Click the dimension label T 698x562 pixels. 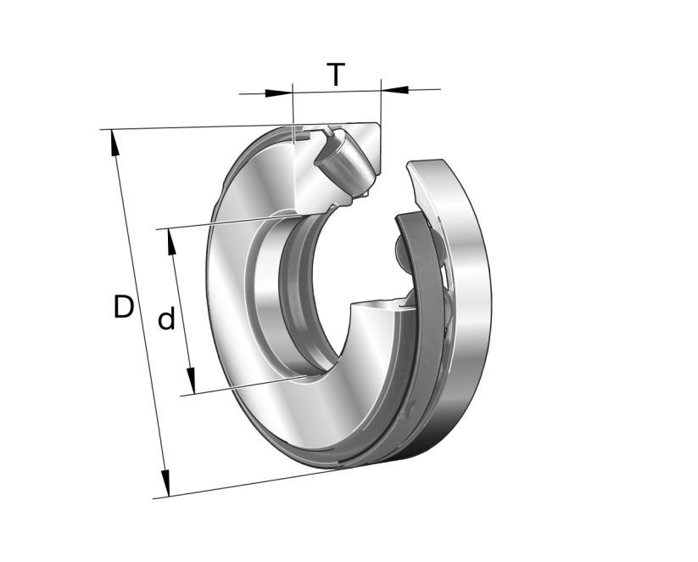337,75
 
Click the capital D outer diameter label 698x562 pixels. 124,306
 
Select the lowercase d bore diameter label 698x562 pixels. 167,320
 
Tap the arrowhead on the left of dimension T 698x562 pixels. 280,93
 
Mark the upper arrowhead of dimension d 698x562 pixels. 172,241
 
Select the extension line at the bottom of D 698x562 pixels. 254,485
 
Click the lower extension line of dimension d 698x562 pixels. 246,386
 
